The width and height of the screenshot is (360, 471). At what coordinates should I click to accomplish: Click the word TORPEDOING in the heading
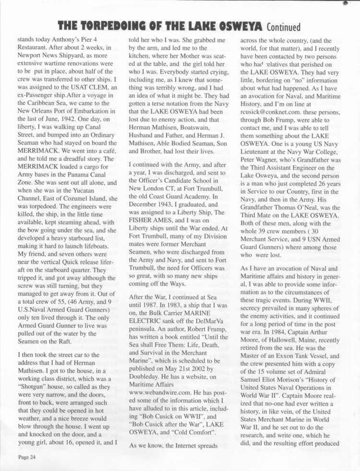click(x=127, y=25)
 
